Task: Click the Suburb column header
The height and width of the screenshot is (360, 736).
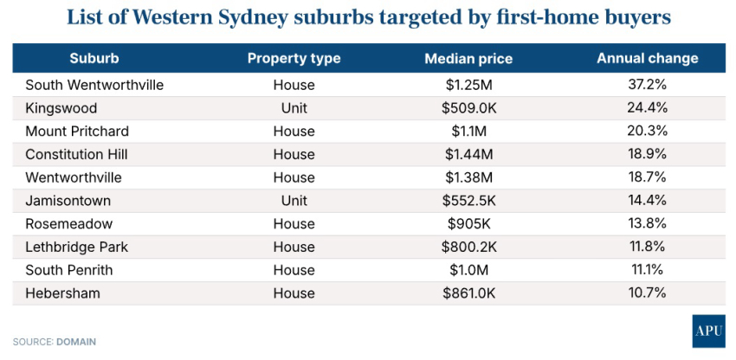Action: click(x=94, y=59)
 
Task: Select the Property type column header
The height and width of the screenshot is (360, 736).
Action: click(x=294, y=59)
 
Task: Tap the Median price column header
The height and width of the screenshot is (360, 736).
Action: click(x=468, y=59)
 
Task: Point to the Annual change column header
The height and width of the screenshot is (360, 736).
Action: click(x=647, y=59)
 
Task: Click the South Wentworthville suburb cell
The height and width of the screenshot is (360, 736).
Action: click(x=94, y=85)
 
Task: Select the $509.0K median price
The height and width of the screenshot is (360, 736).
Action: click(x=468, y=108)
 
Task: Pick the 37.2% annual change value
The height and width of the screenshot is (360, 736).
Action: click(x=647, y=85)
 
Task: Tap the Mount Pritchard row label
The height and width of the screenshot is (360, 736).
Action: click(x=78, y=132)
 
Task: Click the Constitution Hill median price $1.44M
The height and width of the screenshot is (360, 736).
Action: click(x=468, y=154)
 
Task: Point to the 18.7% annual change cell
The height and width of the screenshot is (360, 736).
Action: click(x=647, y=177)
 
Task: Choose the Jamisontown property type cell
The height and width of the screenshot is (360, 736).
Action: click(x=294, y=201)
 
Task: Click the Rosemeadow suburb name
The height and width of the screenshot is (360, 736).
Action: click(x=68, y=224)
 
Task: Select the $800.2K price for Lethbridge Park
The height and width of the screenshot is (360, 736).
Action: click(x=468, y=247)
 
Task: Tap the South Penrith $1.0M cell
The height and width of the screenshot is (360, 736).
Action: click(x=468, y=270)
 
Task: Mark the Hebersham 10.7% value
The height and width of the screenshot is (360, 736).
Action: click(x=647, y=293)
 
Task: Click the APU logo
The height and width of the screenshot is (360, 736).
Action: click(x=707, y=331)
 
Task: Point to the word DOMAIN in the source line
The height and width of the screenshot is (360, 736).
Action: click(x=76, y=342)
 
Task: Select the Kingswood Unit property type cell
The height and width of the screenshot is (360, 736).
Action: click(x=294, y=108)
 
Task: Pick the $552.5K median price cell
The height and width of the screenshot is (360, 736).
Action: click(x=468, y=201)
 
